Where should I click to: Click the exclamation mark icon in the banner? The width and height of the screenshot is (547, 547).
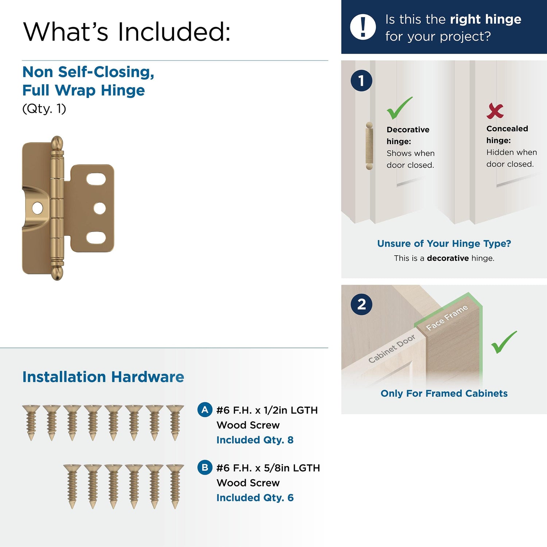click(362, 27)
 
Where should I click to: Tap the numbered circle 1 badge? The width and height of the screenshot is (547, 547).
click(361, 81)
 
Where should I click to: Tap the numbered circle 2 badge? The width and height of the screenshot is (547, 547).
click(361, 304)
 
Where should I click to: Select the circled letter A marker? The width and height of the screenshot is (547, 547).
click(205, 410)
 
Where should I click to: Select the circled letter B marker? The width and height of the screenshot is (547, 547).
click(205, 468)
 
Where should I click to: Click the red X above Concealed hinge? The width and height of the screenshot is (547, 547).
click(495, 111)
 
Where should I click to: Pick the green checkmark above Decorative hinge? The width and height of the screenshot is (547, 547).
click(399, 108)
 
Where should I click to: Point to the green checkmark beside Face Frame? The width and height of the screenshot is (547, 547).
click(504, 342)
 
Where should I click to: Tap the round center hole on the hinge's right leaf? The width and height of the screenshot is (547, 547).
click(100, 208)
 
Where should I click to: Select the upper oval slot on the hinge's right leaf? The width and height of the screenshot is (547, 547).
click(96, 179)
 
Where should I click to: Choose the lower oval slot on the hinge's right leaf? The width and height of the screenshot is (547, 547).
click(96, 238)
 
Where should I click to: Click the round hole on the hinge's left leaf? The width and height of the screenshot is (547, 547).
click(37, 208)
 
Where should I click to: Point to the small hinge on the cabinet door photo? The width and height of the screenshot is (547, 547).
click(369, 146)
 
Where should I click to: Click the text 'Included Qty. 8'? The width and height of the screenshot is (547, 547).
click(255, 440)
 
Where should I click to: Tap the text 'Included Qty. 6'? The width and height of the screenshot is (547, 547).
click(255, 497)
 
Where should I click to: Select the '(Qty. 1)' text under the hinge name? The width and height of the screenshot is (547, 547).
click(44, 109)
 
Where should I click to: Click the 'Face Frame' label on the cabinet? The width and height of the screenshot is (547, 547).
click(447, 318)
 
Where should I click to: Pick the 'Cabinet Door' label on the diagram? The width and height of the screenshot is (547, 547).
click(392, 349)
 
